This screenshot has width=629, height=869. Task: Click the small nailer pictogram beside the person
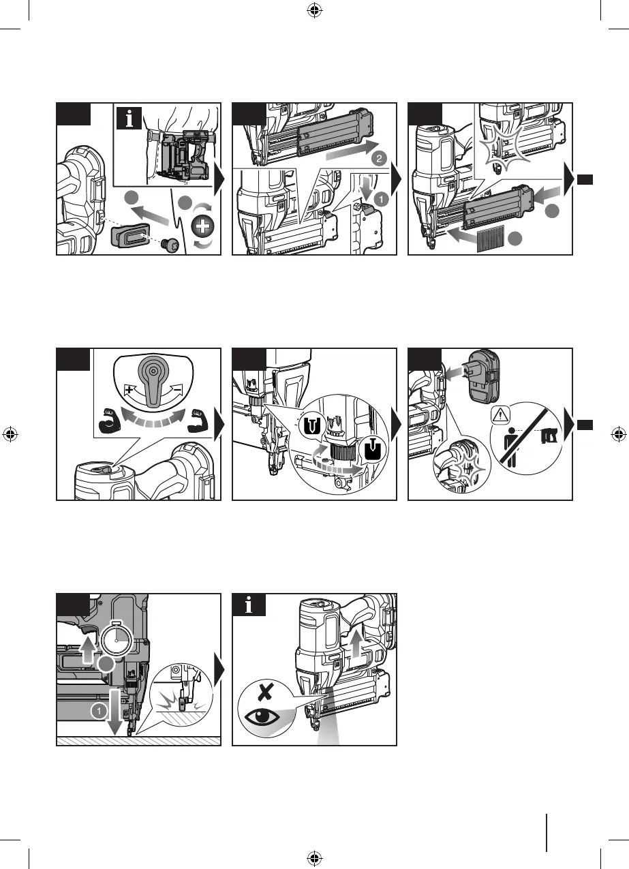coord(547,433)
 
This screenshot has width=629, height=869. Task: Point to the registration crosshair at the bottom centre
coord(314,857)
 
